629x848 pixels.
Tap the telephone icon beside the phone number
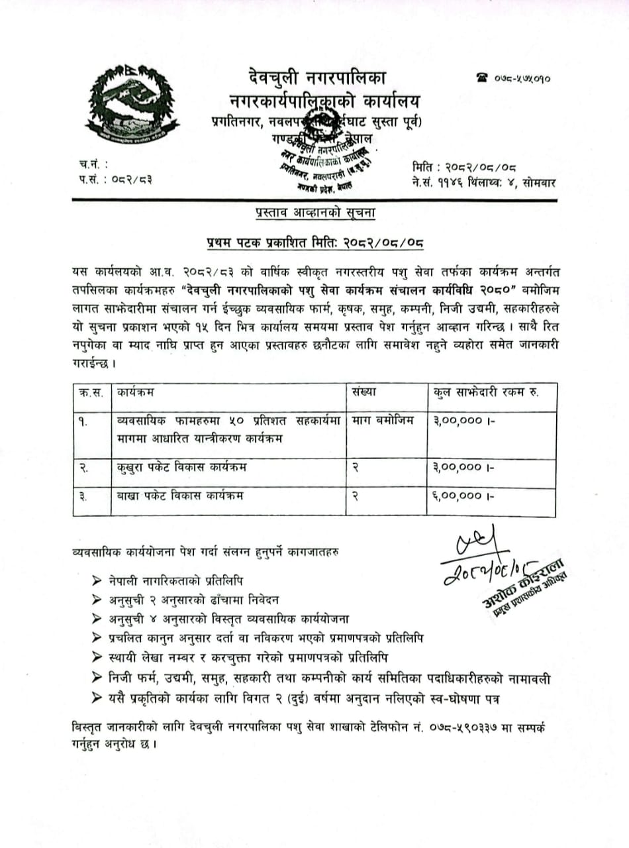481,78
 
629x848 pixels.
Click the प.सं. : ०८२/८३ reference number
115,180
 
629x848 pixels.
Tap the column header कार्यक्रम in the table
135,392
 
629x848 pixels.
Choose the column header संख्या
364,392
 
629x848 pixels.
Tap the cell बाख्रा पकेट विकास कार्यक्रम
179,495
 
